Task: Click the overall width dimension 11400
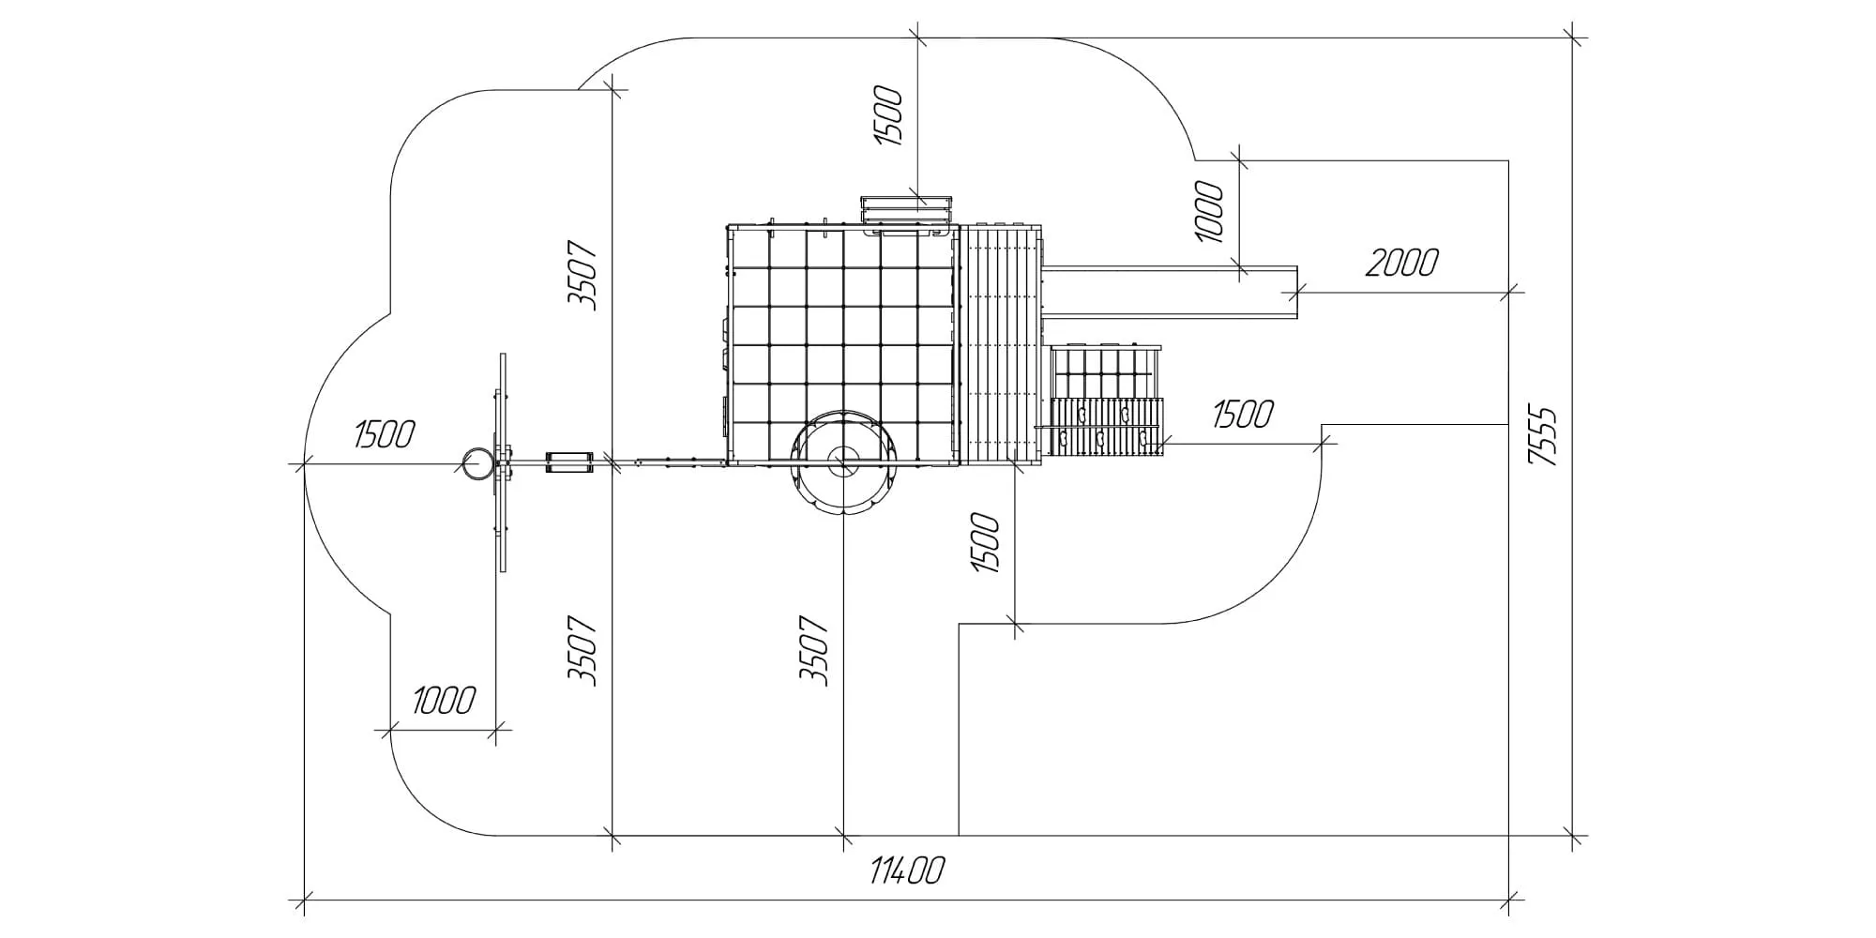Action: pos(906,871)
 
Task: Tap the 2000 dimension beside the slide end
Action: pos(1401,264)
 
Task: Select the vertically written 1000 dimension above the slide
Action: pos(1210,212)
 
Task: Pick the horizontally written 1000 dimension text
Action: pos(443,700)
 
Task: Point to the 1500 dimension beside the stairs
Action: pos(1243,414)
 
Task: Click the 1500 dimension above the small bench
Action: pos(888,116)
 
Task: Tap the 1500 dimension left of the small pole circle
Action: pos(385,434)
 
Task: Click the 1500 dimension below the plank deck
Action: pos(986,543)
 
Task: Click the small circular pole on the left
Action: pos(477,463)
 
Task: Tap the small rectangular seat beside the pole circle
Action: pos(569,462)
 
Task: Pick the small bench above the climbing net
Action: pos(907,210)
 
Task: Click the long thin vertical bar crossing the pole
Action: pos(503,462)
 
